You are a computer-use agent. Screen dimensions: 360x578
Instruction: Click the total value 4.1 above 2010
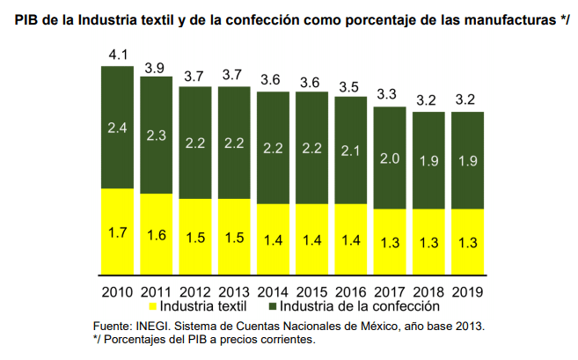pyautogui.click(x=118, y=55)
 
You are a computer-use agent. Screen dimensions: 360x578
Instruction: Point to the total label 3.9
pyautogui.click(x=157, y=67)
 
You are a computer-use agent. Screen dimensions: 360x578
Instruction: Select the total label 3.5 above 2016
pyautogui.click(x=350, y=86)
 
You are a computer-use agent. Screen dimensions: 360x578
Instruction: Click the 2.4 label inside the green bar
pyautogui.click(x=118, y=127)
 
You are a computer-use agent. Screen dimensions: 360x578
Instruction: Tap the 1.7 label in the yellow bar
pyautogui.click(x=118, y=233)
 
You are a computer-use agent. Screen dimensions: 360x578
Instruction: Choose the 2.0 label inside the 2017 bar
pyautogui.click(x=390, y=158)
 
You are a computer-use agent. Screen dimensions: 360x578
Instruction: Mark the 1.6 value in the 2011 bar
pyautogui.click(x=157, y=235)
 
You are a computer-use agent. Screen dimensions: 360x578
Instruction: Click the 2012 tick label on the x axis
pyautogui.click(x=195, y=290)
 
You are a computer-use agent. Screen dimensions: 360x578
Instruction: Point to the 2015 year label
pyautogui.click(x=311, y=290)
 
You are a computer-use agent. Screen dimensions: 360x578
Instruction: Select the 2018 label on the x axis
pyautogui.click(x=428, y=290)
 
